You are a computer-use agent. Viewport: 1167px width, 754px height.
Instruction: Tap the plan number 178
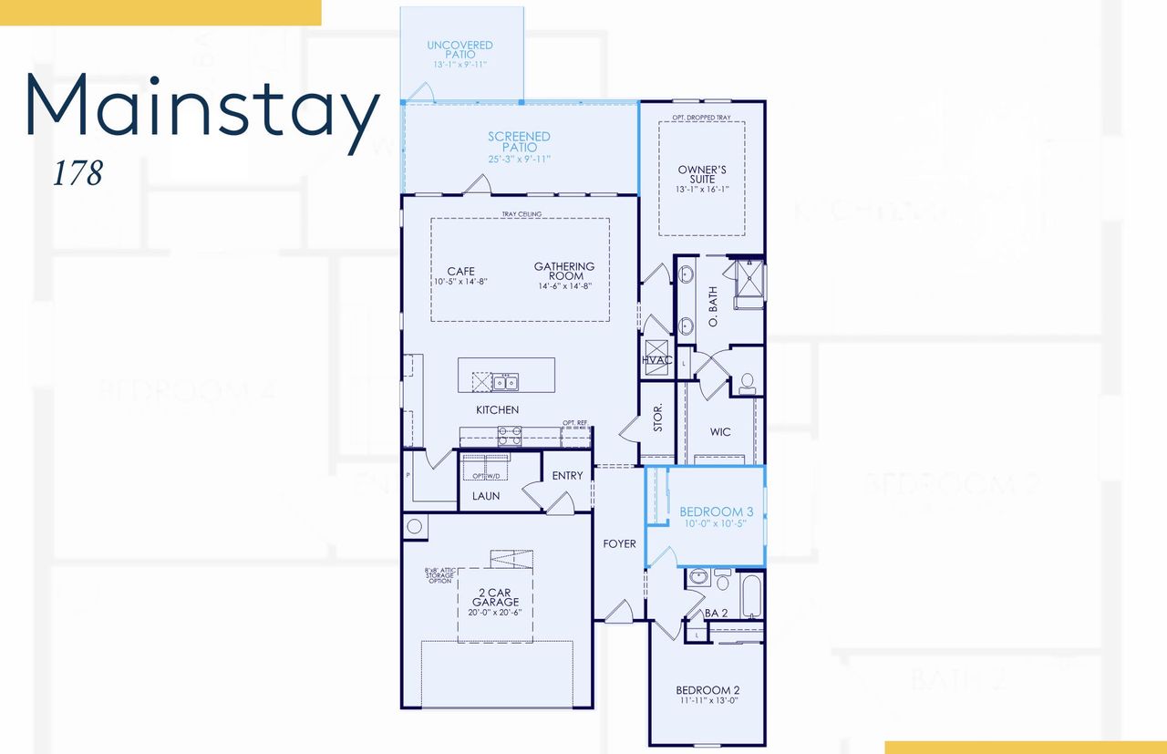tap(77, 173)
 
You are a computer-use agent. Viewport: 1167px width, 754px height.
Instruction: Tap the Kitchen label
tap(497, 409)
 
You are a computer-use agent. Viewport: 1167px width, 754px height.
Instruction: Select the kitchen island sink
tap(505, 381)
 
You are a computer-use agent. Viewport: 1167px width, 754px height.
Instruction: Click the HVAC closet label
tap(656, 360)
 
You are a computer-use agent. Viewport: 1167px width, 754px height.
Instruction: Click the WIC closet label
tap(720, 431)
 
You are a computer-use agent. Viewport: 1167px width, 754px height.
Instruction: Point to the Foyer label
tap(619, 544)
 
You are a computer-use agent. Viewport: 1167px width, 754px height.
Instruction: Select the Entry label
tap(567, 476)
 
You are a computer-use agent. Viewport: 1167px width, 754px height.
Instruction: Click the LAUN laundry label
tap(485, 496)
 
